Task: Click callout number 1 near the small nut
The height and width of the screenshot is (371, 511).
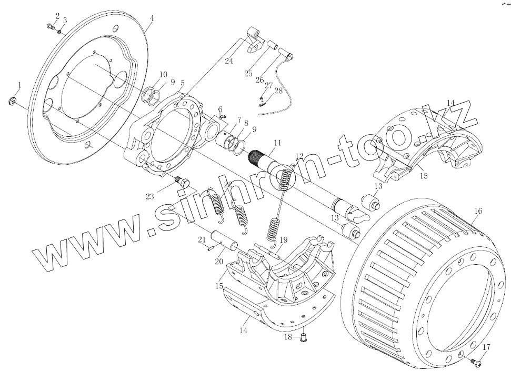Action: coord(19,85)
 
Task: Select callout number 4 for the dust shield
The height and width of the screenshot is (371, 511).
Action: coord(151,18)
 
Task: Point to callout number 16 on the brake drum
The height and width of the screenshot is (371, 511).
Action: coord(478,211)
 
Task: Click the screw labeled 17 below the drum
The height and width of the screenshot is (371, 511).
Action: coord(476,361)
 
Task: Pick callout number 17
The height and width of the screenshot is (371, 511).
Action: coord(486,347)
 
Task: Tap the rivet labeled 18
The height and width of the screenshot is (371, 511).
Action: coord(304,337)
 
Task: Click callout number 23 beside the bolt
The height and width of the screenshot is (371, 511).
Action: coord(150,196)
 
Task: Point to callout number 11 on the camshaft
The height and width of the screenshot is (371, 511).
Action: coord(277,143)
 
